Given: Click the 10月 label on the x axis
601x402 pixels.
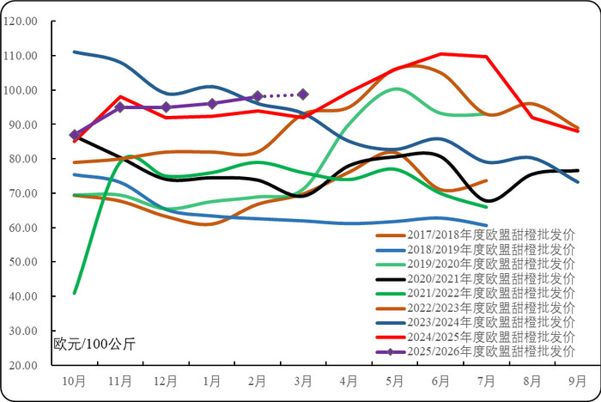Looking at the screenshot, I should tap(75, 379).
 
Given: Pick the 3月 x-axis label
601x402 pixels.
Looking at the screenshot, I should tap(303, 379).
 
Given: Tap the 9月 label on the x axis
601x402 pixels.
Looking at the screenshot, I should tap(578, 379).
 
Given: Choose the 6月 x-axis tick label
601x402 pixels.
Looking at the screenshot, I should tap(440, 379).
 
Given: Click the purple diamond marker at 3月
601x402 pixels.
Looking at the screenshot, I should tap(303, 94).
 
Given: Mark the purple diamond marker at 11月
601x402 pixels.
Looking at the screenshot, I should tap(120, 107).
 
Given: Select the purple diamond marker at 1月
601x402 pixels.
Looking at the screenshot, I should tap(211, 103).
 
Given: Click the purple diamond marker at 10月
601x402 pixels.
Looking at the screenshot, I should tap(75, 135).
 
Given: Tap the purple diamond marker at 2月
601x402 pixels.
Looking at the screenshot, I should tap(258, 96).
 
